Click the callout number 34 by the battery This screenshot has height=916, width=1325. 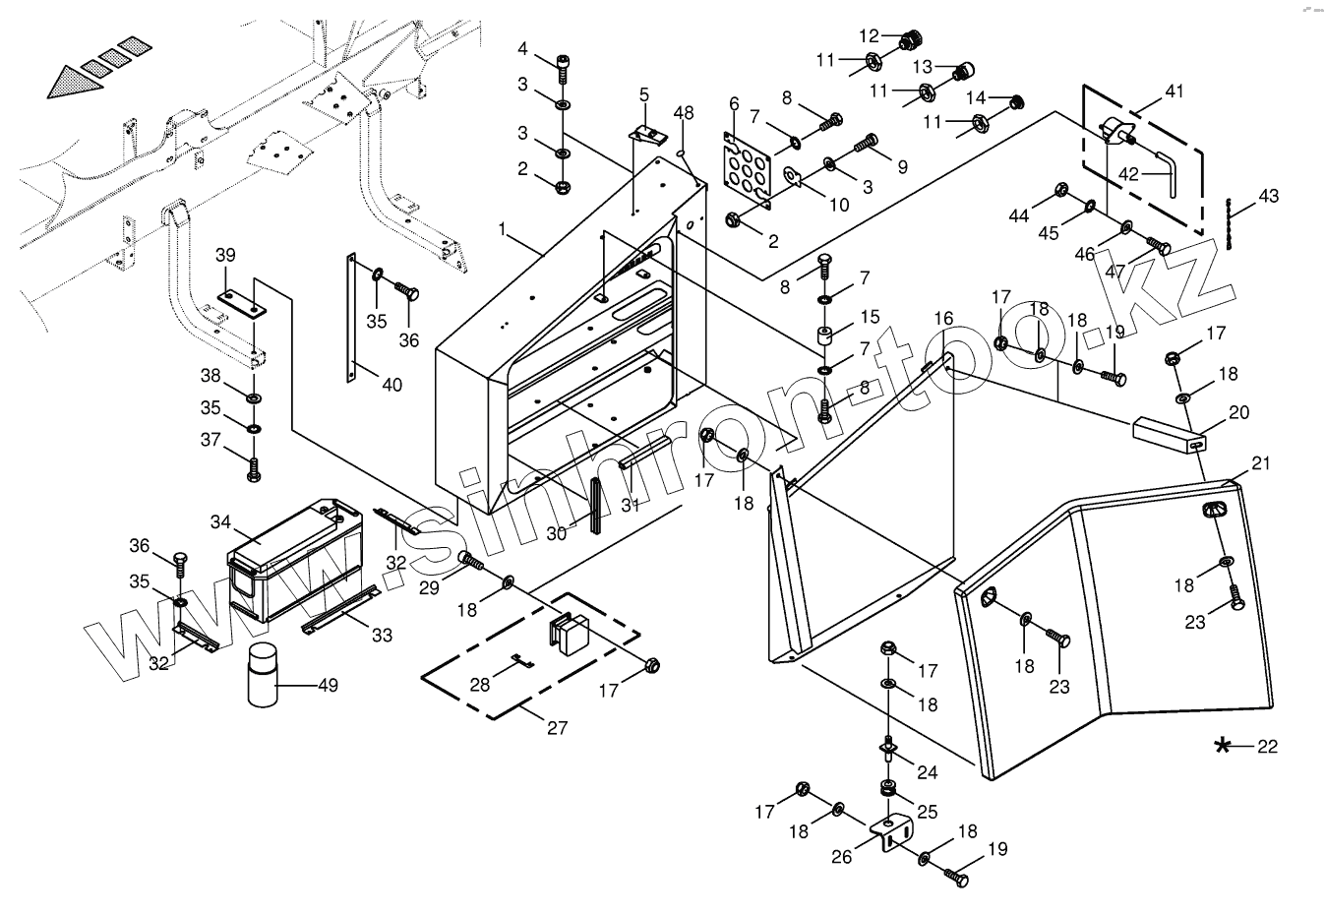point(219,520)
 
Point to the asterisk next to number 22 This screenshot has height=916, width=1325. point(1223,746)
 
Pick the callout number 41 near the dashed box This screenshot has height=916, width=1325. point(1174,92)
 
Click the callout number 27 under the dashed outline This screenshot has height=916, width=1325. point(557,728)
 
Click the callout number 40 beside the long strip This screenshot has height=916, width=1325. point(391,385)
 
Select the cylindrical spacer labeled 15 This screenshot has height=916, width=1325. point(826,334)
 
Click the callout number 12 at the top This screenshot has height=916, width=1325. point(869,35)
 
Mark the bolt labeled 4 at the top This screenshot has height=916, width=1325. point(563,64)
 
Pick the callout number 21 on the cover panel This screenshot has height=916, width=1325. point(1261,463)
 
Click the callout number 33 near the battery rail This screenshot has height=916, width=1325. point(382,636)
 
